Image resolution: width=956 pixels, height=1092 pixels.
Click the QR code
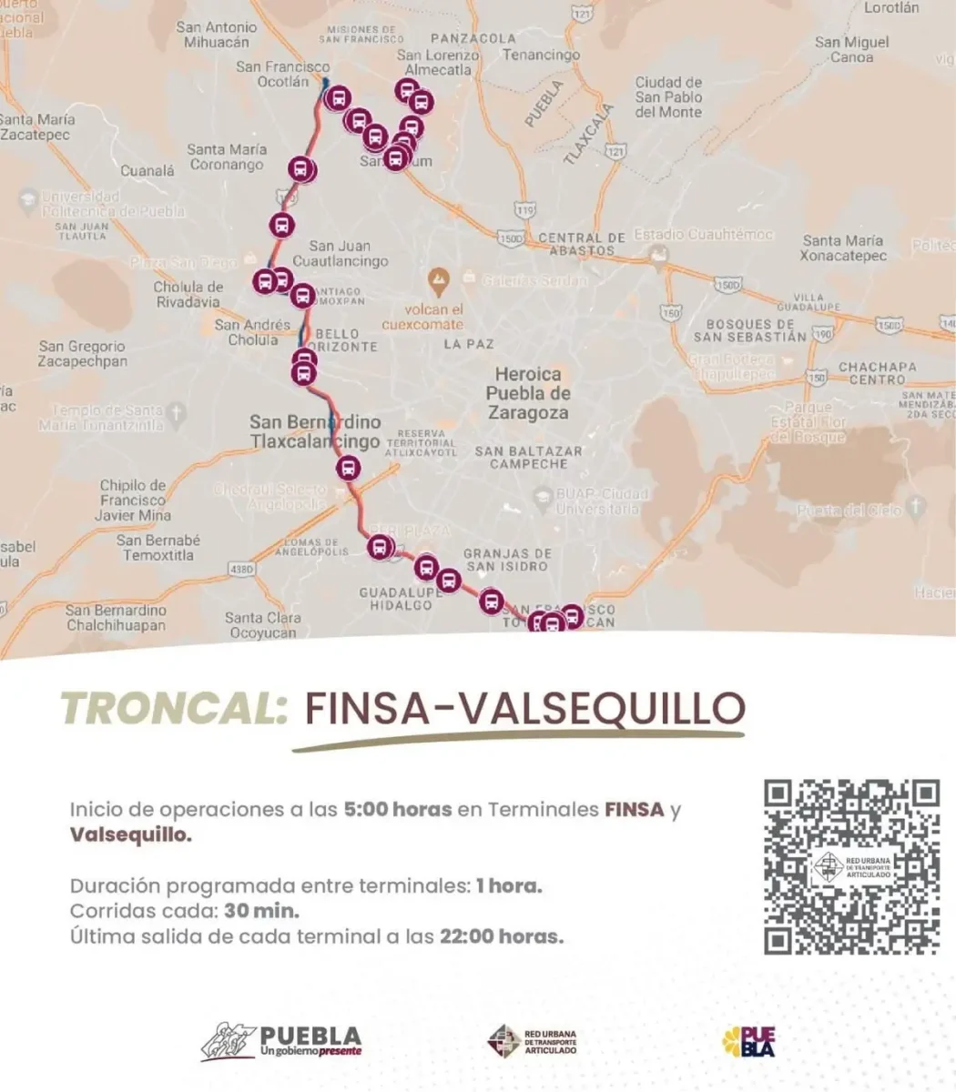click(851, 866)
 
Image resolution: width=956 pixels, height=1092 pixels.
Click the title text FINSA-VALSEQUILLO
click(524, 709)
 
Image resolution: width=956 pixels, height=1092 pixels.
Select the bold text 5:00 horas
click(397, 809)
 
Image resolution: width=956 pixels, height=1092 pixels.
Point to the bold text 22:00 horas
click(502, 935)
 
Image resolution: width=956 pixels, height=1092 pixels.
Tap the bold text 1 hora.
click(509, 885)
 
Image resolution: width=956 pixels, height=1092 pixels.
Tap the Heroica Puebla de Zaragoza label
click(528, 393)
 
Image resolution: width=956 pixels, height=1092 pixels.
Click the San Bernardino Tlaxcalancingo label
click(315, 432)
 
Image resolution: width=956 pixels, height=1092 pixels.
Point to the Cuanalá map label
click(147, 170)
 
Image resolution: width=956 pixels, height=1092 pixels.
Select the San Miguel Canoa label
click(851, 49)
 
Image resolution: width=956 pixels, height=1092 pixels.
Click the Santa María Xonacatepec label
click(843, 248)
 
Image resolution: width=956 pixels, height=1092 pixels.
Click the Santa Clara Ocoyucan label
click(263, 624)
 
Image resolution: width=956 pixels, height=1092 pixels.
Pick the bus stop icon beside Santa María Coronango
click(301, 170)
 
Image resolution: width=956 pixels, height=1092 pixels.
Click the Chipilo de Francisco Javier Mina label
click(133, 500)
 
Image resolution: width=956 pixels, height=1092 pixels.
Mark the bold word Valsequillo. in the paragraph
click(131, 834)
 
